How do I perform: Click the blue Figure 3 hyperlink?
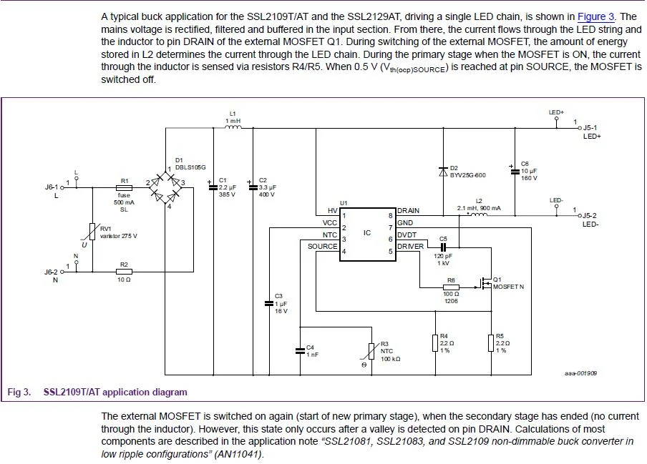pyautogui.click(x=595, y=16)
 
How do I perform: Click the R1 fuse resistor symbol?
pyautogui.click(x=124, y=188)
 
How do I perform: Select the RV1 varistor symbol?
pyautogui.click(x=92, y=231)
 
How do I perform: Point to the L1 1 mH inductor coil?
pyautogui.click(x=233, y=128)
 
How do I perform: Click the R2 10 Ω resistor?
pyautogui.click(x=124, y=272)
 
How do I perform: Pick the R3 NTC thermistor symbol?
pyautogui.click(x=371, y=351)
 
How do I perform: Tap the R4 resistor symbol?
pyautogui.click(x=434, y=343)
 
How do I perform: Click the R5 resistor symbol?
pyautogui.click(x=492, y=343)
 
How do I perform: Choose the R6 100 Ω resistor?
pyautogui.click(x=450, y=288)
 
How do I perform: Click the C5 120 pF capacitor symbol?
pyautogui.click(x=442, y=246)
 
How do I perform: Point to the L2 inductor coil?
pyautogui.click(x=478, y=213)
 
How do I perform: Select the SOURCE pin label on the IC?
pyautogui.click(x=322, y=246)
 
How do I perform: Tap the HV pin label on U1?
pyautogui.click(x=332, y=210)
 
